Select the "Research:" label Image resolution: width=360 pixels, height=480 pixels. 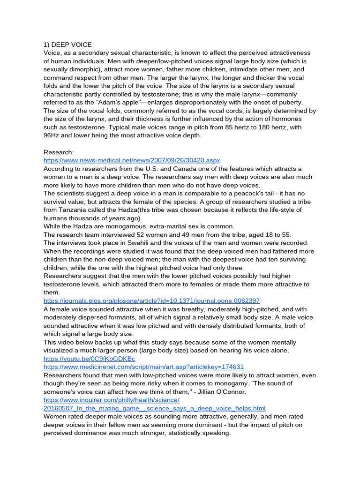coord(59,152)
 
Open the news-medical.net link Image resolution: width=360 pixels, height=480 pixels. coord(132,160)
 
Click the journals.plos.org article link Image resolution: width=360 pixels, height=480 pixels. coord(152,300)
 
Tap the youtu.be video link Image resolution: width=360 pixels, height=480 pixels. coord(89,359)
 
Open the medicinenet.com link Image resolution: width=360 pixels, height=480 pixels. coord(144,367)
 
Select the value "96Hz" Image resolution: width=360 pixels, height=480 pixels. coord(52,135)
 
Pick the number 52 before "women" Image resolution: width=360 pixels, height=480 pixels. coord(141,234)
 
